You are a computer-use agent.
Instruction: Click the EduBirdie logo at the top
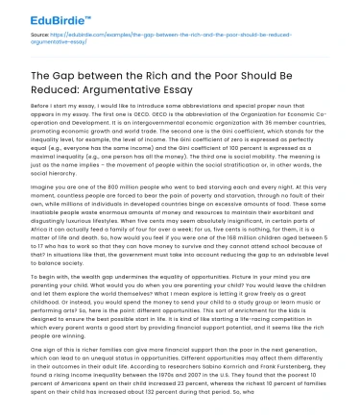click(x=37, y=15)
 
